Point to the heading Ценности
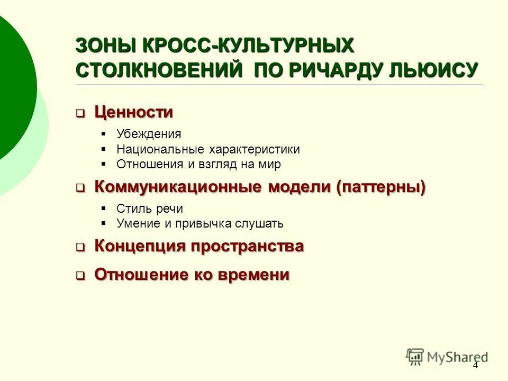[133, 112]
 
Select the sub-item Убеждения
[149, 134]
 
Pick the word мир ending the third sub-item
[270, 164]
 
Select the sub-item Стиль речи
[150, 208]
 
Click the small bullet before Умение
[104, 223]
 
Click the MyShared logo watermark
[447, 356]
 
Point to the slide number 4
[475, 366]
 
